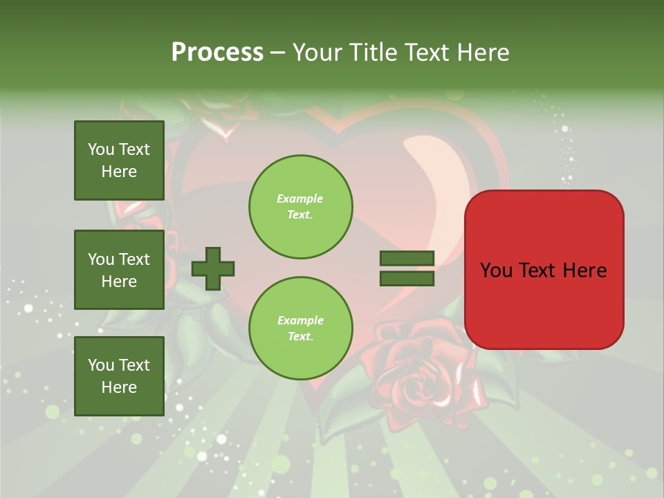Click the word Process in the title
(x=217, y=53)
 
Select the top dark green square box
(x=119, y=160)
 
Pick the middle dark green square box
(x=119, y=270)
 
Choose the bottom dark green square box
(x=119, y=376)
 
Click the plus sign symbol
(x=213, y=268)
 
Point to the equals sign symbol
(x=407, y=268)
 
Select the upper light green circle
(x=301, y=207)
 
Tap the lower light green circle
(x=301, y=329)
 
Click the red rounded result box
(x=544, y=270)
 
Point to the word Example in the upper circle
(x=300, y=199)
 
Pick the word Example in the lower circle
(x=300, y=320)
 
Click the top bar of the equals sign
(x=407, y=259)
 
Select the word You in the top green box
(x=101, y=149)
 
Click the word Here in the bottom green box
(x=119, y=387)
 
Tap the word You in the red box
(x=496, y=270)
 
